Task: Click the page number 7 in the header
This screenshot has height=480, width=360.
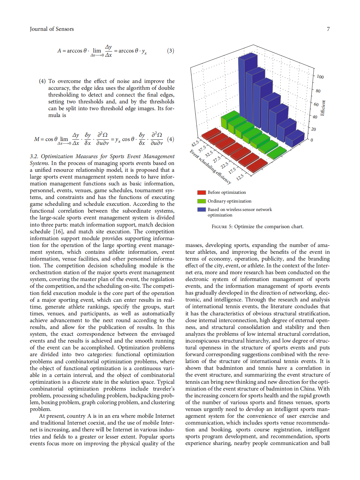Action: coord(328,29)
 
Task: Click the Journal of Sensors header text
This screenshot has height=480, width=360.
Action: coord(52,29)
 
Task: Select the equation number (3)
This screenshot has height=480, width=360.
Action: coord(170,51)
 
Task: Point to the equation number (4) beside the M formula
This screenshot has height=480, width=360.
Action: coord(170,139)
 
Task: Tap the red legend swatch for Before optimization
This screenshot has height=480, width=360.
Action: coord(202,193)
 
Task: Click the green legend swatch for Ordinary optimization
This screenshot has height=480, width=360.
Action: coord(202,201)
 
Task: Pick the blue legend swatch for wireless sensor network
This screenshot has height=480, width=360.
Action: coord(202,210)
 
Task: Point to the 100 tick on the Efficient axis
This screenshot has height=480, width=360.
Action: coord(320,77)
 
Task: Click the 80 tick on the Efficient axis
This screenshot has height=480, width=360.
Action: coord(318,91)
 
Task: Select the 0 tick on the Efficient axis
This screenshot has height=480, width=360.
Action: coord(312,140)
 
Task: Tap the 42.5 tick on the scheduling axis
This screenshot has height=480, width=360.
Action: coord(195,144)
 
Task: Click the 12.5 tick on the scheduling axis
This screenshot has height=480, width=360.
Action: coord(240,177)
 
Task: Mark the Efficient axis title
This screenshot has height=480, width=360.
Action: coord(323,108)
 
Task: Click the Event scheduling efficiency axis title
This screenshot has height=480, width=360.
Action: coord(210,167)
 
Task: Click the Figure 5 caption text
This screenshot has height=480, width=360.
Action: coord(258,227)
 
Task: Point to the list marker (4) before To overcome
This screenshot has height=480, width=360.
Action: coord(42,81)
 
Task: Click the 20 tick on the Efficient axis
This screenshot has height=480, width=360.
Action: coord(313,129)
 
